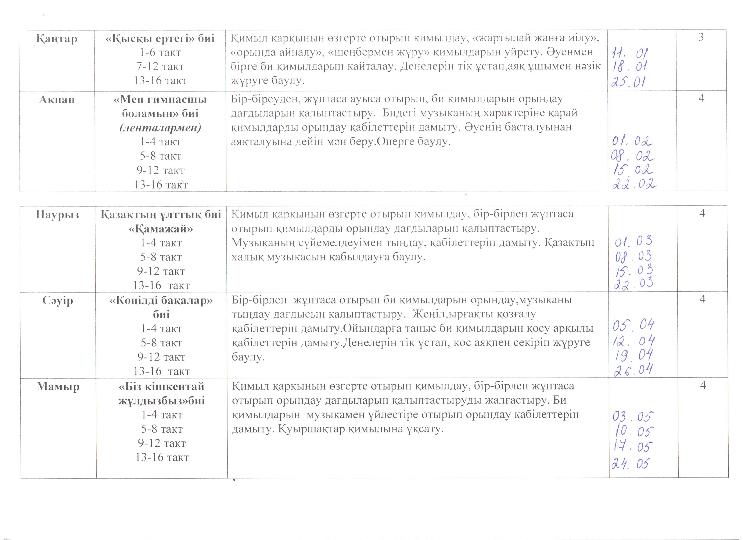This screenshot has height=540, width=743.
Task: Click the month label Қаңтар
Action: coord(57,39)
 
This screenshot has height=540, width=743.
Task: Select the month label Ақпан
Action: coord(57,99)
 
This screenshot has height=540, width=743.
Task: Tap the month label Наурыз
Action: coord(58,215)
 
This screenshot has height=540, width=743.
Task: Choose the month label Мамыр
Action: coord(58,386)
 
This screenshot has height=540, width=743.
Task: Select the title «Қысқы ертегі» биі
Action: coord(160,38)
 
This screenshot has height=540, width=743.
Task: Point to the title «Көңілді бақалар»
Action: coord(161,300)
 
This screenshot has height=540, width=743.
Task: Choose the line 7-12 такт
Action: coord(160,66)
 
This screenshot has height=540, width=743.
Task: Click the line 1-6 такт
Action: coord(160,52)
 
